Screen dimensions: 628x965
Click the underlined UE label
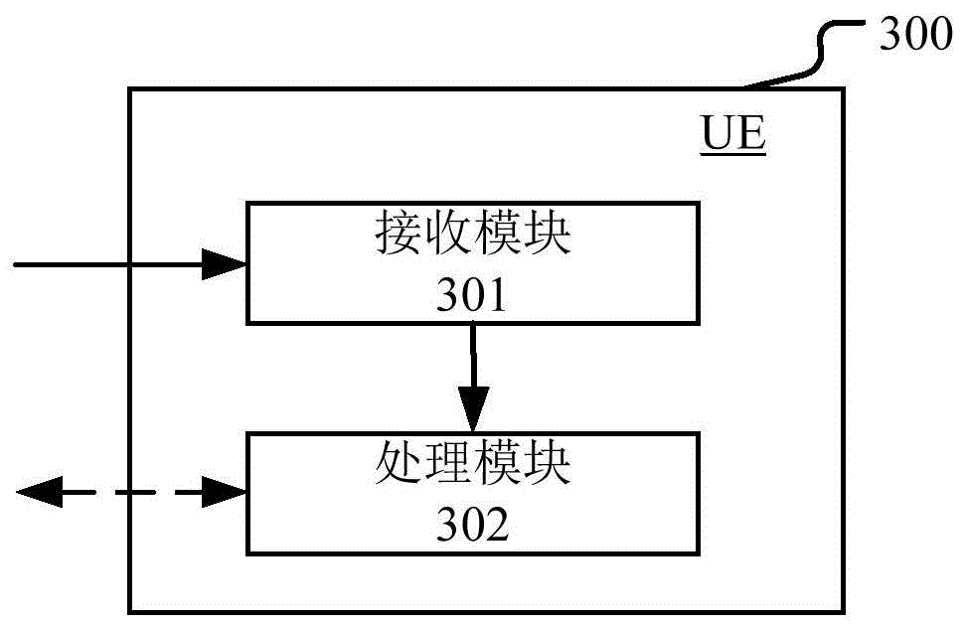click(733, 135)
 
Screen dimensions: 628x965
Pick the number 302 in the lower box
click(472, 524)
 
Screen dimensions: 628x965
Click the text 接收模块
click(472, 236)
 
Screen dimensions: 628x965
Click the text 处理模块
click(473, 464)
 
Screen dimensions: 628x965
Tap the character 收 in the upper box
click(447, 236)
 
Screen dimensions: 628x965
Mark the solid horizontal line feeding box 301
click(109, 263)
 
